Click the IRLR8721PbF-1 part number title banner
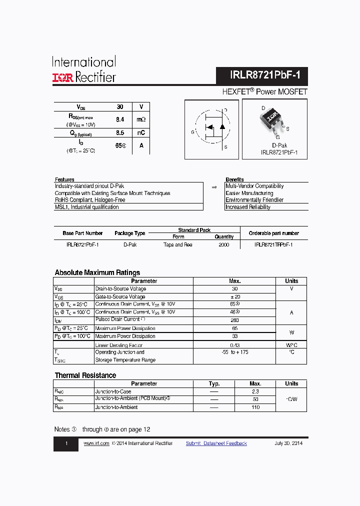261,76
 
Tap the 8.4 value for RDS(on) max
120,120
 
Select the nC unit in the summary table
141,133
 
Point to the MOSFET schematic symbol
211,128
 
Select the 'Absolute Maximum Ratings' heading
97,272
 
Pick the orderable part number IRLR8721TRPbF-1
273,245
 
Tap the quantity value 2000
224,245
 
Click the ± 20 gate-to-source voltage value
234,296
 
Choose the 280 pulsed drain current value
234,320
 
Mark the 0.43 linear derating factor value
234,345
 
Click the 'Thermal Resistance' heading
85,375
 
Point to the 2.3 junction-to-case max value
255,391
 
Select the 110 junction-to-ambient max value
255,407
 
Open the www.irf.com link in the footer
96,443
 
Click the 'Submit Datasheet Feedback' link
216,443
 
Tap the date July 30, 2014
288,443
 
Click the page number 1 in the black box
66,444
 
